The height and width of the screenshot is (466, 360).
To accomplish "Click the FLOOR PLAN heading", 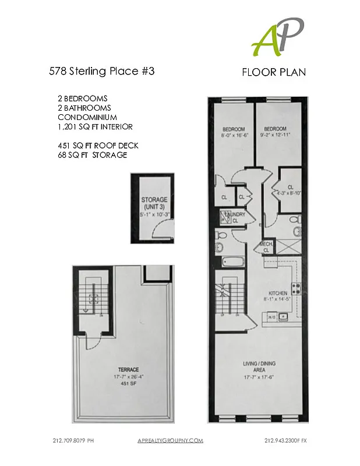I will pos(274,72).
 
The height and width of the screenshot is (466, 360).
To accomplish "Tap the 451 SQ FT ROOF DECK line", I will pos(96,146).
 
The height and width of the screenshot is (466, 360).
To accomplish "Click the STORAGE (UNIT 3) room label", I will pos(154,203).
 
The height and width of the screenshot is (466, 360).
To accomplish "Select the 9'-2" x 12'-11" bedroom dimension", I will pos(275,135).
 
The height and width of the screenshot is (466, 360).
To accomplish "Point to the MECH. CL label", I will pos(266,246).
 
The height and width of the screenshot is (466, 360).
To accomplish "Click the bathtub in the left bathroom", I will pos(231,262).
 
